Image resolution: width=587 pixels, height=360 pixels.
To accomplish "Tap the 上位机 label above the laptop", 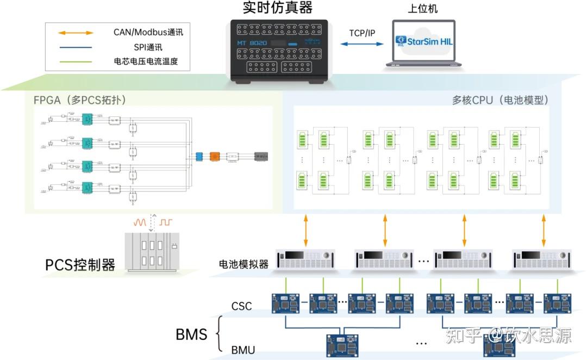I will (422, 9).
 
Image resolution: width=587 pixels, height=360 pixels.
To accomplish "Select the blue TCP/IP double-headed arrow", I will (362, 44).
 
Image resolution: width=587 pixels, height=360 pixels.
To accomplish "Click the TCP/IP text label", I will (362, 33).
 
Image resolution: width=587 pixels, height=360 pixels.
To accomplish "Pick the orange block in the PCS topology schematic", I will (214, 156).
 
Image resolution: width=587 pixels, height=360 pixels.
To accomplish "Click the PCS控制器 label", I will (80, 265).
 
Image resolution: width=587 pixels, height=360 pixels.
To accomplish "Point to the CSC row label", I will (242, 306).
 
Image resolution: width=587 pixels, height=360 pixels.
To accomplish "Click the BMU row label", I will (243, 350).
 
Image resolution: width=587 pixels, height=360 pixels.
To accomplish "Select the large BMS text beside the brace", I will (191, 333).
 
